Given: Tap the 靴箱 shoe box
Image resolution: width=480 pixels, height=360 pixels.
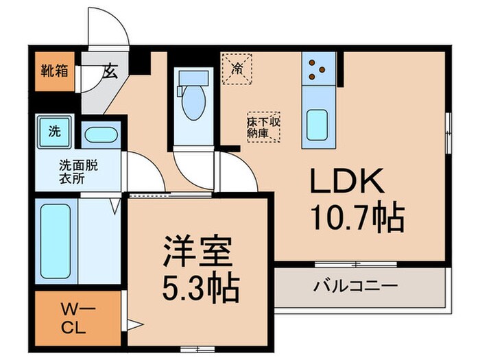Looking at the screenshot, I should point(53,70).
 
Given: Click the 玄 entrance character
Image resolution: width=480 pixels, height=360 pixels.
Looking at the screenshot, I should point(110,69).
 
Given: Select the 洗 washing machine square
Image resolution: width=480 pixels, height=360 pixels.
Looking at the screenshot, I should point(53,130).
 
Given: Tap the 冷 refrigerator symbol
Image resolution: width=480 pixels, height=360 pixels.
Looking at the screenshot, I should point(237,67).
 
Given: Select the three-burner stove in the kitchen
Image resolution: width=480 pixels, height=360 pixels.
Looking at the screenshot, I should point(317,67).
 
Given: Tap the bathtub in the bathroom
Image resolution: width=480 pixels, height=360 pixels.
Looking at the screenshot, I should point(56,241).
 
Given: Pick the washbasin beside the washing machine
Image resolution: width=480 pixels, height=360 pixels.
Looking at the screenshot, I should point(101,134).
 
